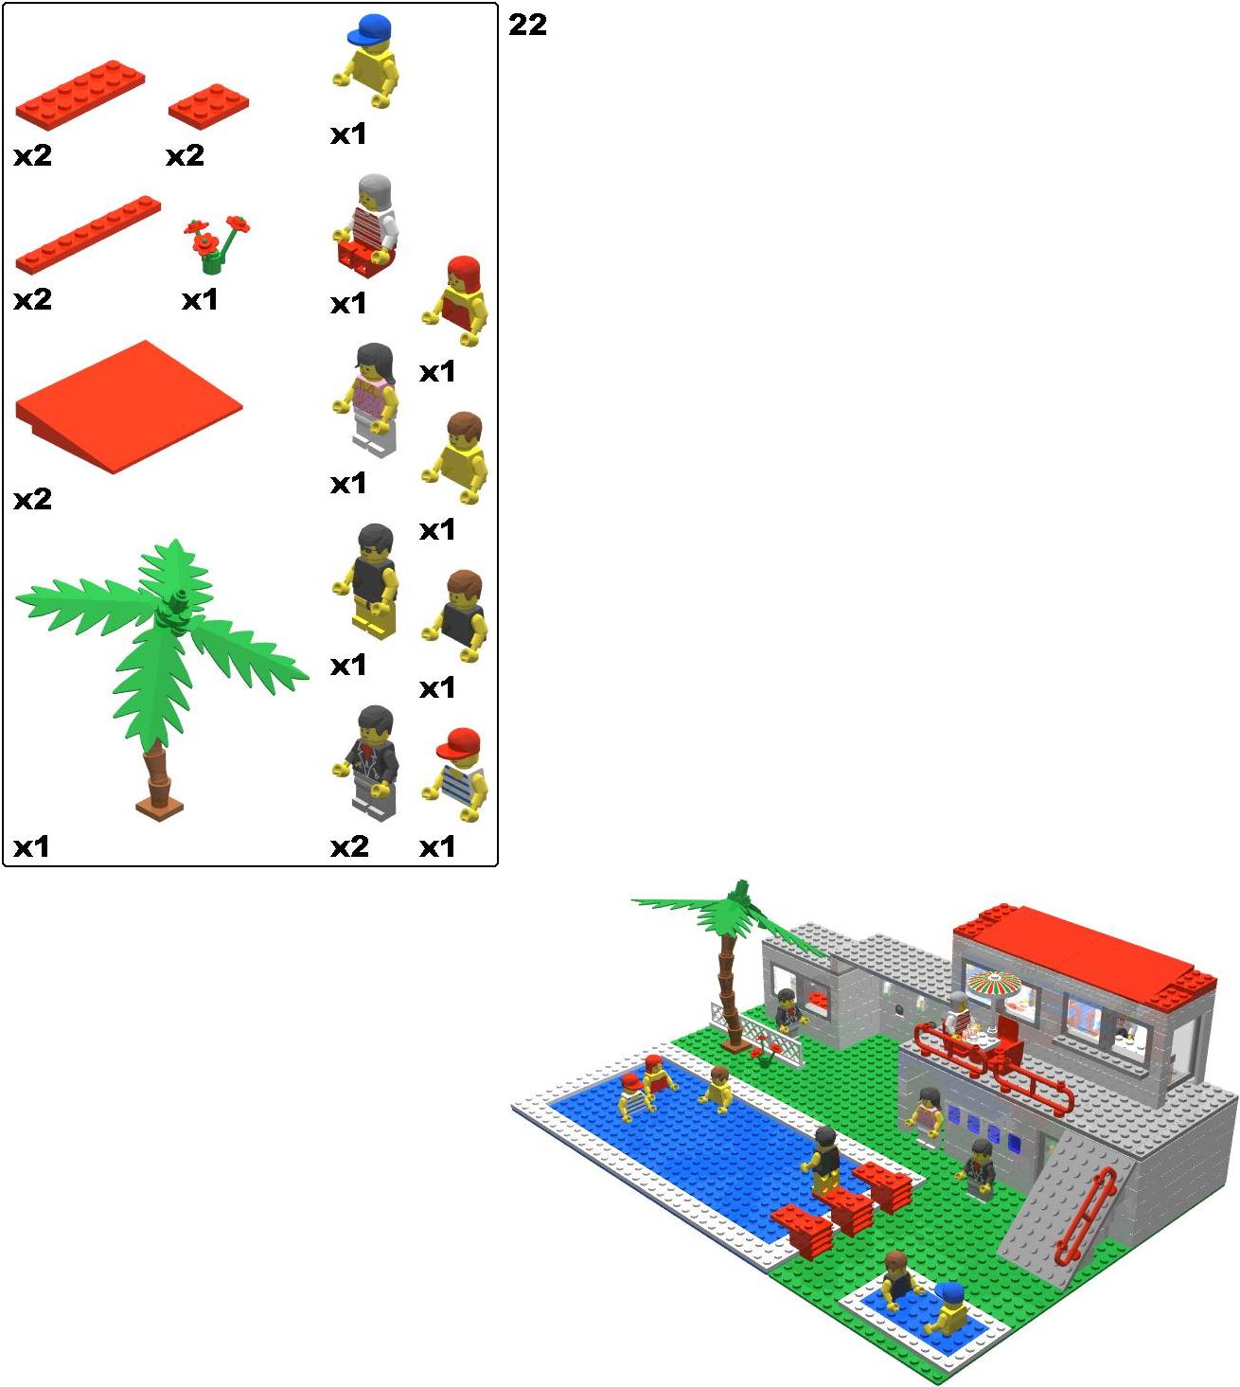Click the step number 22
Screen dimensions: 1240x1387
[x=527, y=26]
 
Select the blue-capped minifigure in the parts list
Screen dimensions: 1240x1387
[x=367, y=61]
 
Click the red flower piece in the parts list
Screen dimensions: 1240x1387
[x=215, y=243]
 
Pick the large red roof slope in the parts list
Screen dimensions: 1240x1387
[x=129, y=406]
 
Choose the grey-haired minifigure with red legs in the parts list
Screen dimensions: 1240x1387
[x=365, y=225]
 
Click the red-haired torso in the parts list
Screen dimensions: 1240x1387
[x=455, y=300]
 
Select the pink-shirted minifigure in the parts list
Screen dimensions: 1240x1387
[x=365, y=400]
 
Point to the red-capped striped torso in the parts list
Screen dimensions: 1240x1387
[x=455, y=774]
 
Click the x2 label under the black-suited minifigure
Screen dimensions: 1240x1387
[x=349, y=847]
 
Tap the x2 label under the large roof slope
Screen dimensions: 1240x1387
[x=32, y=499]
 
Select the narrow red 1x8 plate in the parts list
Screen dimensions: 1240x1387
[x=88, y=235]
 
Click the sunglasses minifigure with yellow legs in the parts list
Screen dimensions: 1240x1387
[x=365, y=581]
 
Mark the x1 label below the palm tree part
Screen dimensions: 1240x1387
[x=31, y=847]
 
